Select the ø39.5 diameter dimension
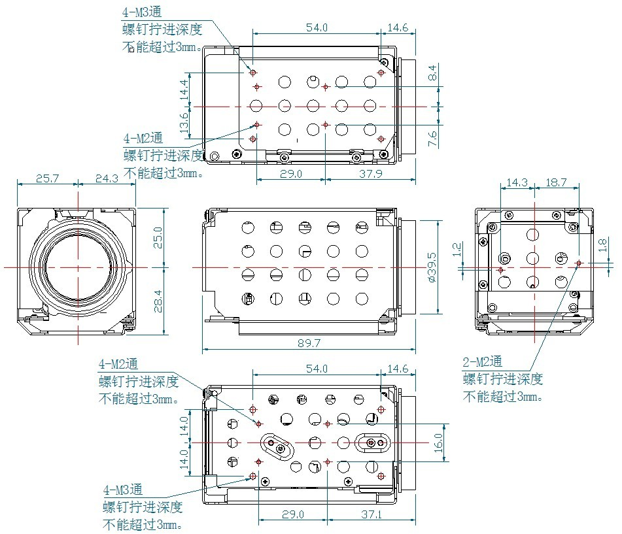coord(431,267)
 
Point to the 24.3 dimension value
coord(106,178)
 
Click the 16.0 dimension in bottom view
coord(439,444)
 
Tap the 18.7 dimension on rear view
coord(556,183)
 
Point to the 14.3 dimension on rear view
coord(517,183)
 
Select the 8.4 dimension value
coord(432,74)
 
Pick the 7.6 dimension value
coord(432,138)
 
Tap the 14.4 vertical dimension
coord(184,88)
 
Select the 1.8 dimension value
coord(602,245)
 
